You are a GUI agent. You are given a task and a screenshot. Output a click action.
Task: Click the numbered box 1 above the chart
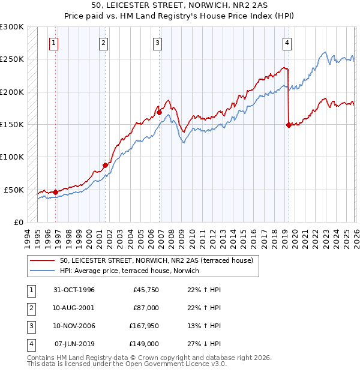pos(54,43)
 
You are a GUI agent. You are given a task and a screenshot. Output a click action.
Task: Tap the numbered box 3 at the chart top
pos(157,43)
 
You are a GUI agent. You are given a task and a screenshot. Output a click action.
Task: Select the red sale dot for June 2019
pos(289,125)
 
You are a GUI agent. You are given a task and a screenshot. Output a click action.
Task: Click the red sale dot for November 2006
pos(160,112)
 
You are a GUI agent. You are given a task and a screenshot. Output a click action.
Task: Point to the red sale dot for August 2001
pos(105,165)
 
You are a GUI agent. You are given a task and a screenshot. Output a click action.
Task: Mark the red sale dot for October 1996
pos(56,192)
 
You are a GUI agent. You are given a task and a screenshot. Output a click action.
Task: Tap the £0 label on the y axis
pos(17,222)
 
